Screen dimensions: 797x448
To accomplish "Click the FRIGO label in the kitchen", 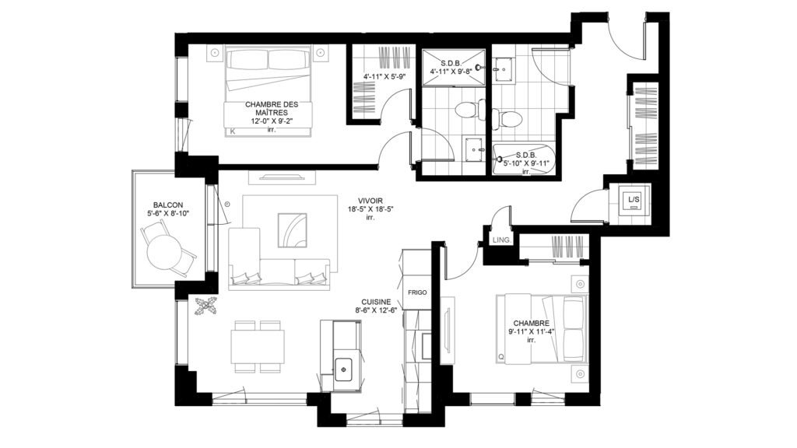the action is (x=417, y=292).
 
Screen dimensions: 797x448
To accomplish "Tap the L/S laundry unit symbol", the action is (x=634, y=200).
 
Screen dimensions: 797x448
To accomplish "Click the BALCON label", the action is (x=168, y=205).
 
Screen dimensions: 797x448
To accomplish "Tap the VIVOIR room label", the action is (x=370, y=201).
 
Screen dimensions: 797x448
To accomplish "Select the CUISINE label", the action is (x=376, y=302).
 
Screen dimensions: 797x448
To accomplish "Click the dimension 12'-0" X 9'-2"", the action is (x=272, y=121).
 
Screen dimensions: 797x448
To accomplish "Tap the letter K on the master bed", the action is (x=233, y=131).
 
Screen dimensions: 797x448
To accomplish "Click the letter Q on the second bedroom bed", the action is (x=501, y=357).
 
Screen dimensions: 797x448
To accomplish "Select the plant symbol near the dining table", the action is (x=205, y=306).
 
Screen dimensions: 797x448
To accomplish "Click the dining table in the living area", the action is (x=258, y=346).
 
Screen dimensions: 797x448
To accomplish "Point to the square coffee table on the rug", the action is (x=293, y=230).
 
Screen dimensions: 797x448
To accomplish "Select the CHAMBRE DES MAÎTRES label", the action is (x=272, y=108).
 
